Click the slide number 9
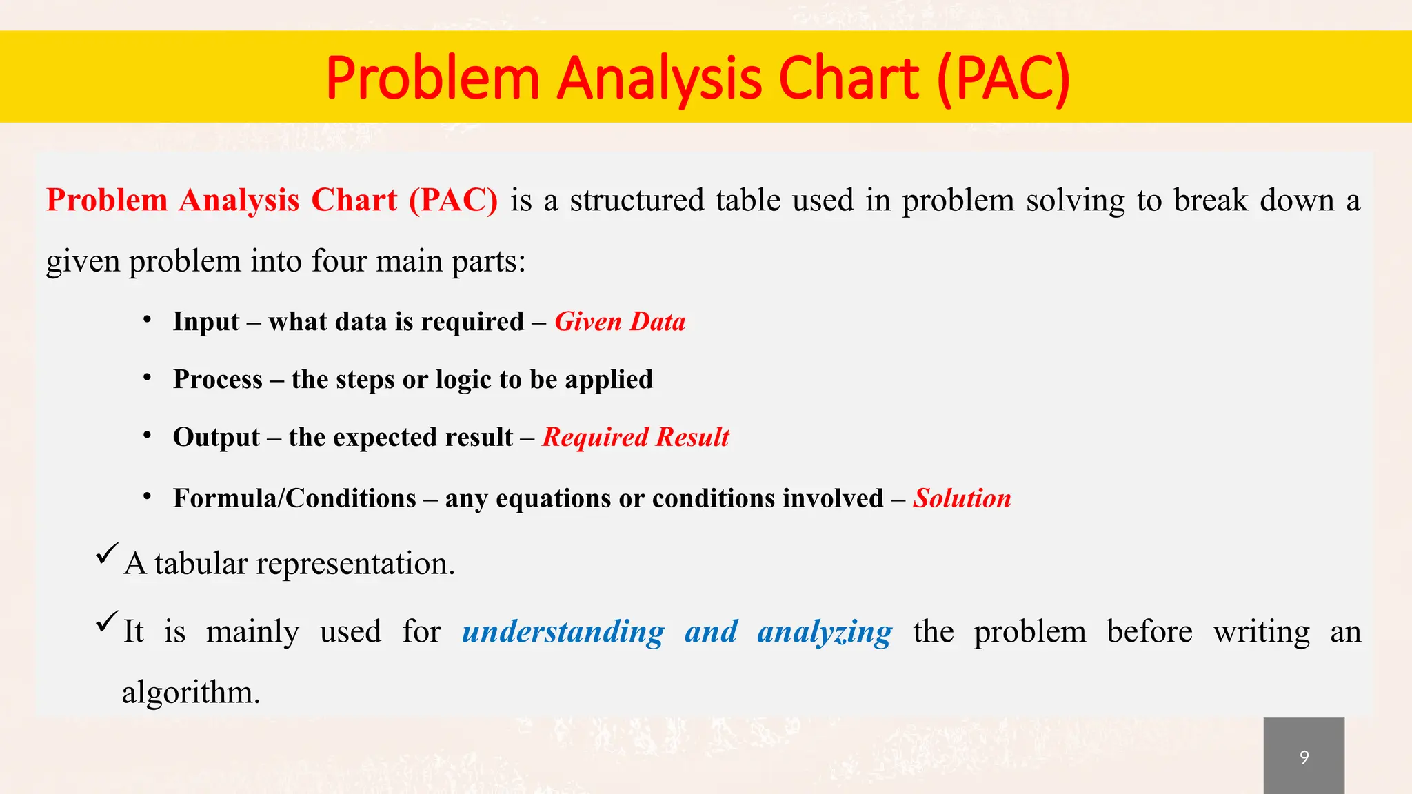pos(1304,757)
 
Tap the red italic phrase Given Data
pos(620,322)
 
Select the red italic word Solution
pos(962,498)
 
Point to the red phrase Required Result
pos(635,437)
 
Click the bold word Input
pos(206,322)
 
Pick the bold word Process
pos(218,380)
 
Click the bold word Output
pos(216,437)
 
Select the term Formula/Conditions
pos(294,498)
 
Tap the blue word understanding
pos(563,631)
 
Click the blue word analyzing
pos(825,631)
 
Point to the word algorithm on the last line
pos(190,692)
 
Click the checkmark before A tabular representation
pos(107,553)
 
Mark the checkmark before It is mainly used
pos(107,621)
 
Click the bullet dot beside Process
pos(147,378)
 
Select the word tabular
pos(201,564)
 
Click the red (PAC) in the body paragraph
pos(453,201)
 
